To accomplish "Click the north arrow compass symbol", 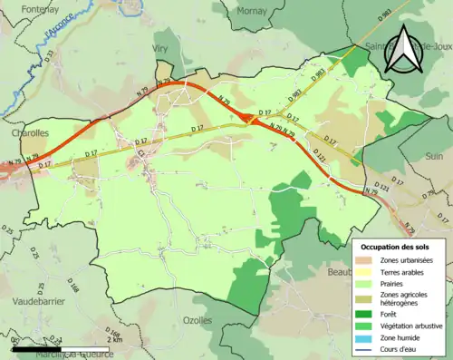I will point(400,49).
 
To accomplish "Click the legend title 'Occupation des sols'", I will point(397,247).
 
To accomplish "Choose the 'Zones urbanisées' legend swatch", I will point(368,260).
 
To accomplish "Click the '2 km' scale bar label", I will point(114,338).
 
